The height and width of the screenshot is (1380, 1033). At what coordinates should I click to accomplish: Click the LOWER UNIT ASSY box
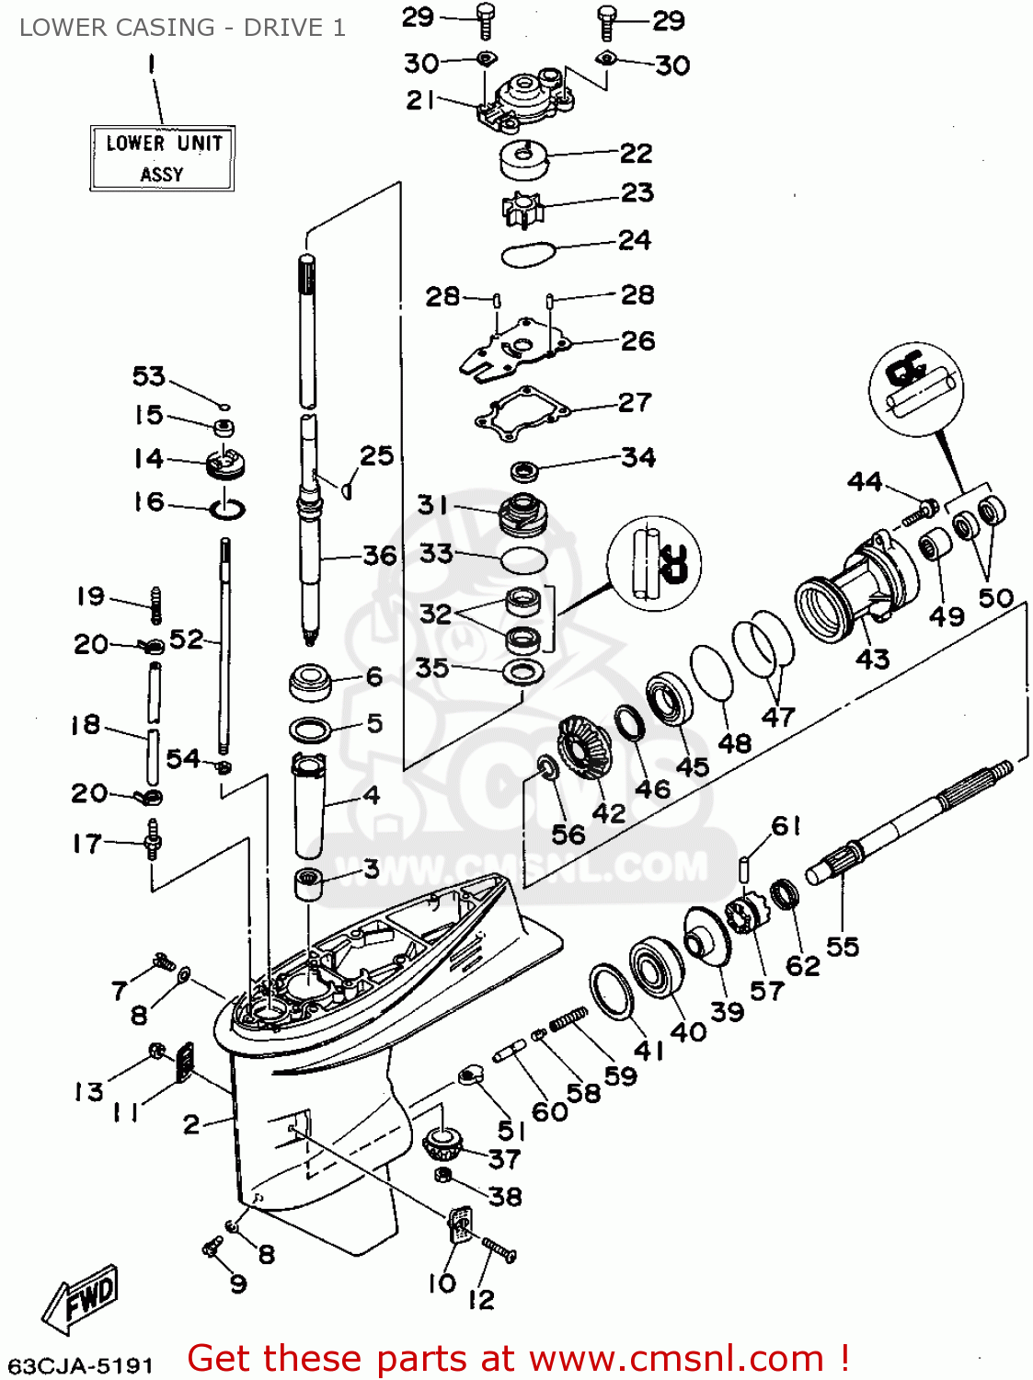162,158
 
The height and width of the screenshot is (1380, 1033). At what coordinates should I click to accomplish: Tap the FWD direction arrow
81,1300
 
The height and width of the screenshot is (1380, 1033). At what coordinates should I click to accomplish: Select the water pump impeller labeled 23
522,209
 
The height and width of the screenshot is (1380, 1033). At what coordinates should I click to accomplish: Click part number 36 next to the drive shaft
379,556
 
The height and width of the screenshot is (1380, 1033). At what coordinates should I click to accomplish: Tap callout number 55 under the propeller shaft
842,947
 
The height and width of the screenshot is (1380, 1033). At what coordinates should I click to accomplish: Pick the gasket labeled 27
522,414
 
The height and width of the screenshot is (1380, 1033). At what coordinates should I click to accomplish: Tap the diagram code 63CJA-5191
81,1364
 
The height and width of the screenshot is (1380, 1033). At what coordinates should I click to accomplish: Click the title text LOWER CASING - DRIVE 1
182,28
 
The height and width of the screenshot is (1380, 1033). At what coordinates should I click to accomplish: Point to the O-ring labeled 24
529,251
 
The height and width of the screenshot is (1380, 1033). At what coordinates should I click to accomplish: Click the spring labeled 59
568,1018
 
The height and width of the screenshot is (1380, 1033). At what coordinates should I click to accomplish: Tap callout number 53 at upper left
149,376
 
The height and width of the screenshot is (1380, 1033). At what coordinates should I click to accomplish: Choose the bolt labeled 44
920,512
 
